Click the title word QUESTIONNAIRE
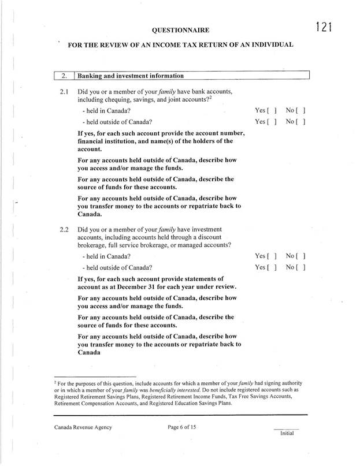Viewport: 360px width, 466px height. (180, 29)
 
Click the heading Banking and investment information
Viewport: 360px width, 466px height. (131, 76)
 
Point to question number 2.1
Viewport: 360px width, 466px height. (64, 92)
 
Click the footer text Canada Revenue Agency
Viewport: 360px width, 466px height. (83, 427)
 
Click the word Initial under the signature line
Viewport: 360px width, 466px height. (287, 434)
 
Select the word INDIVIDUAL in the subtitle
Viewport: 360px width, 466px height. (265, 44)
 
